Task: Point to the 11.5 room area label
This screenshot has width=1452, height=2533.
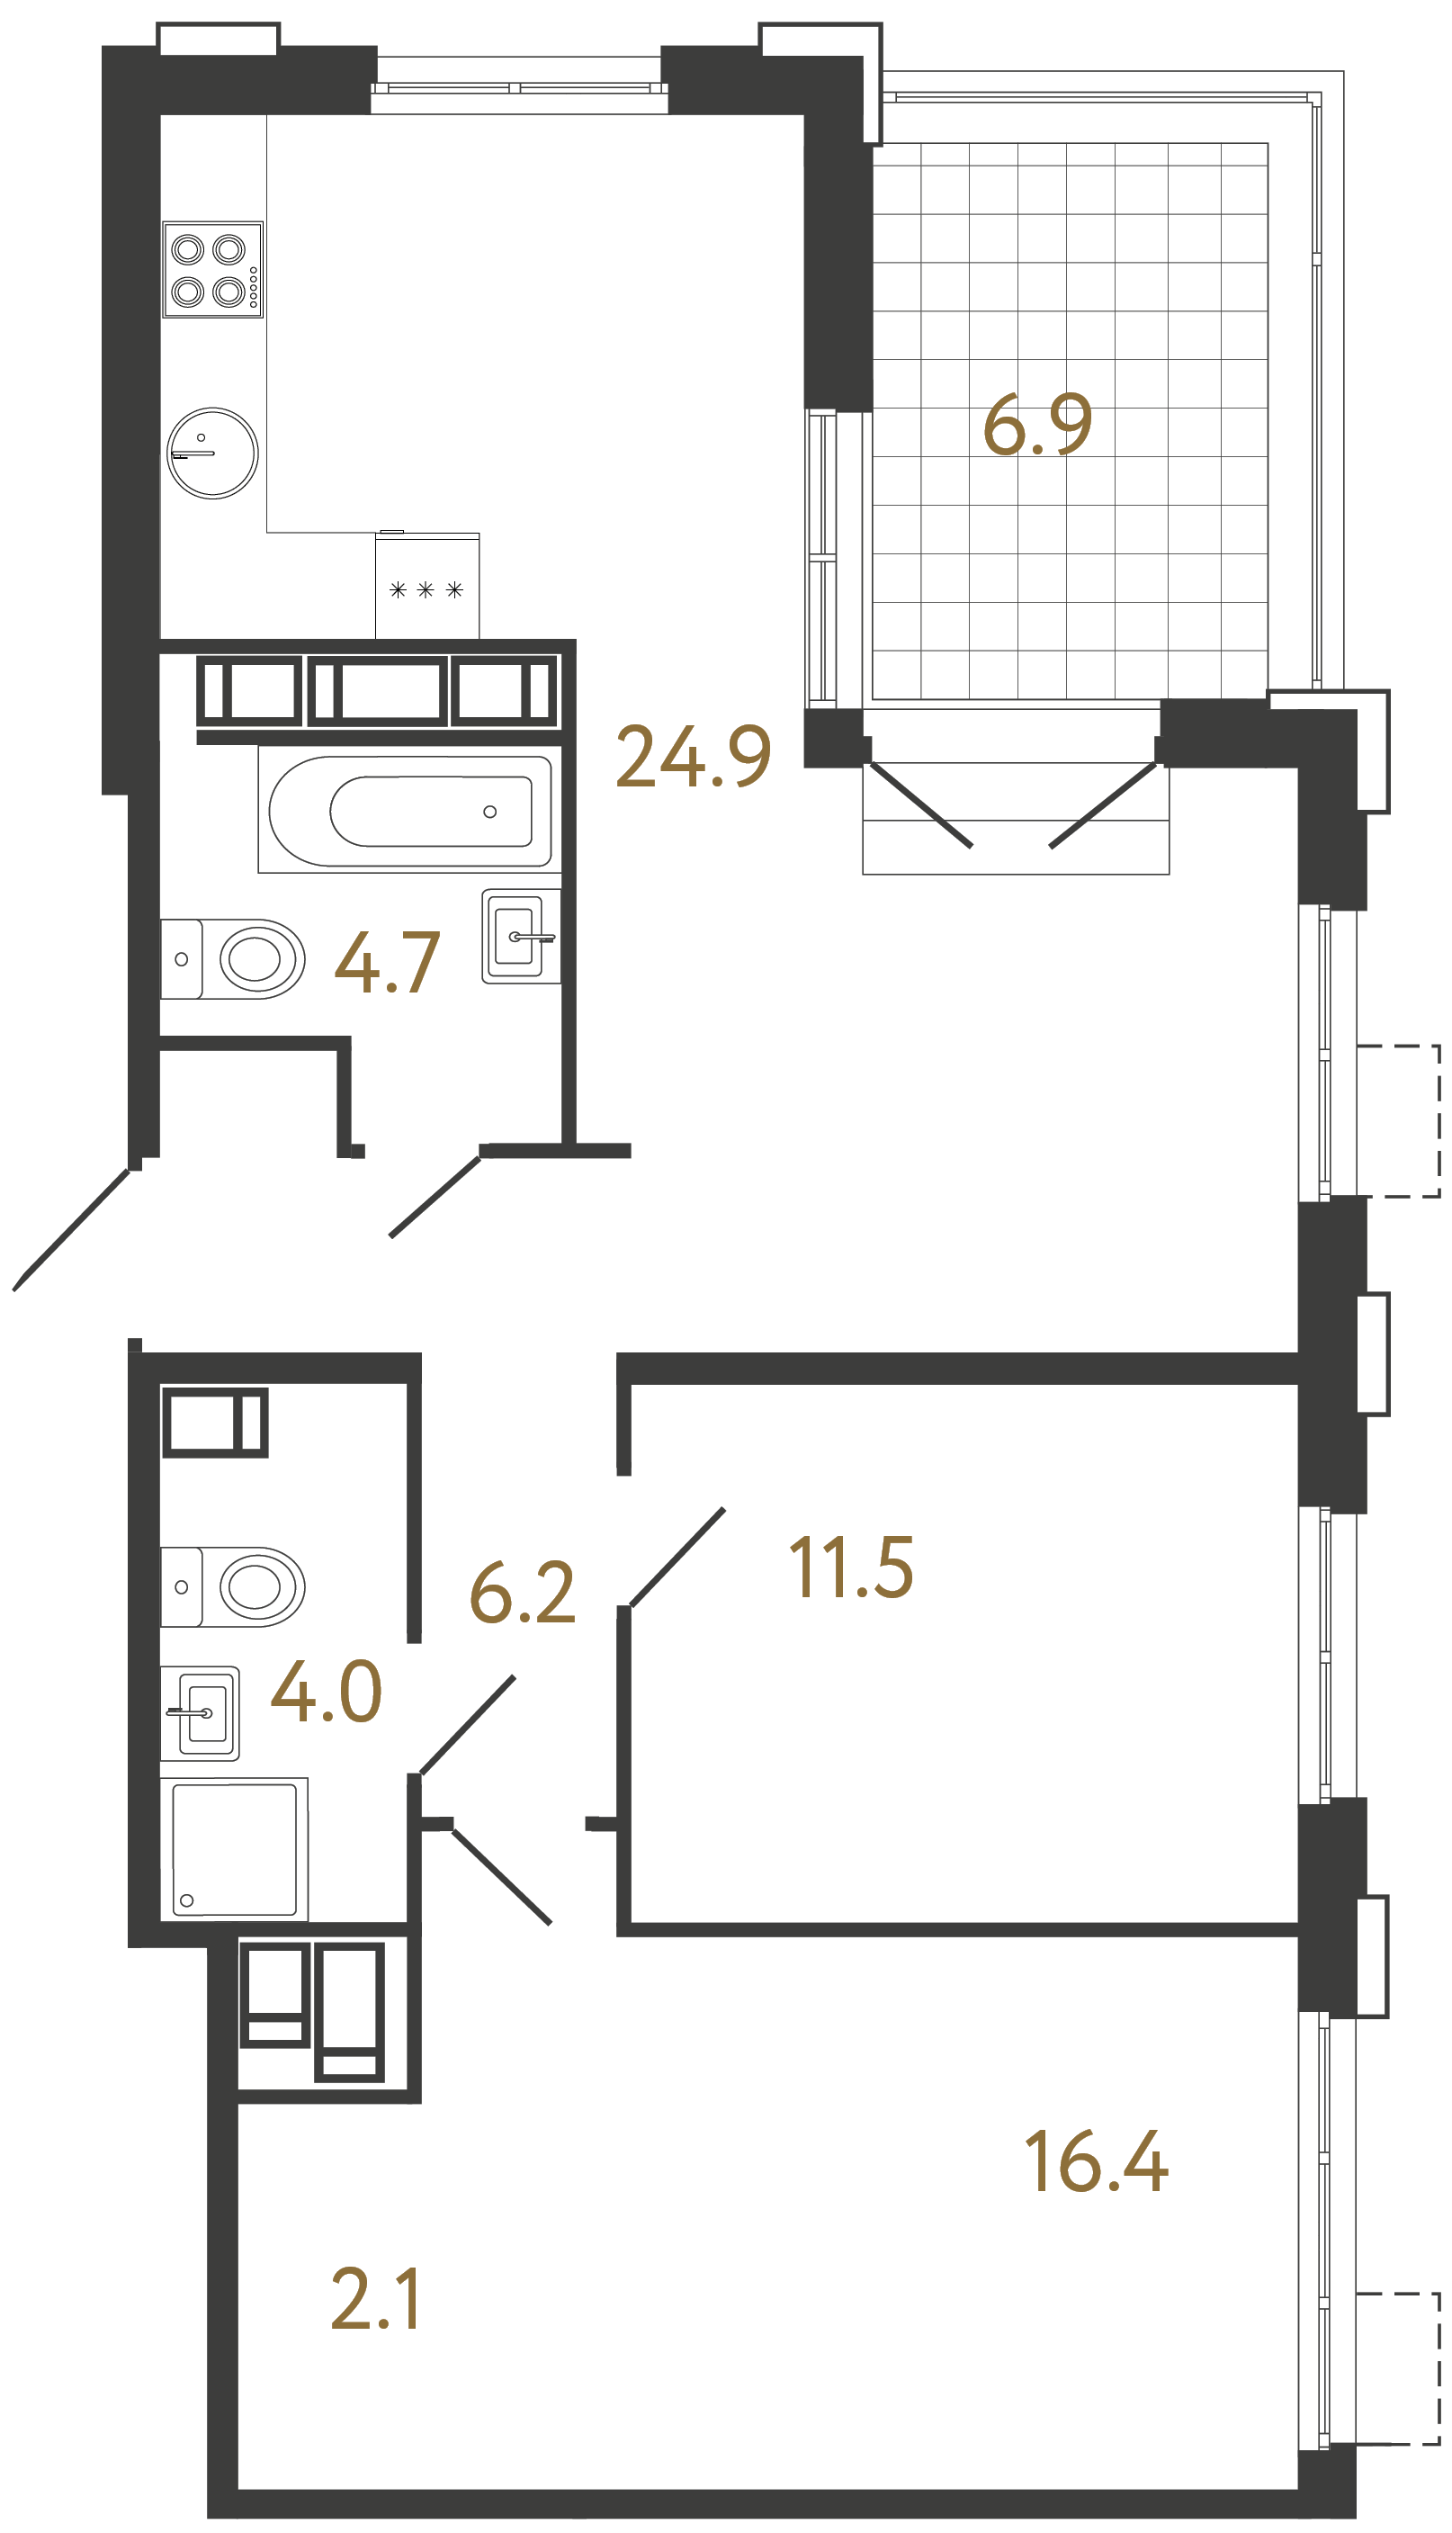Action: tap(851, 1567)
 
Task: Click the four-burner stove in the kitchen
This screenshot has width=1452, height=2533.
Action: tap(212, 269)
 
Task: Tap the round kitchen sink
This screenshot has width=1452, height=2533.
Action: tap(212, 453)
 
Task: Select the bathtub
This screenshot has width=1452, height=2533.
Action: tap(408, 812)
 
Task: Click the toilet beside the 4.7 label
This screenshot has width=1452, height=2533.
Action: tap(235, 959)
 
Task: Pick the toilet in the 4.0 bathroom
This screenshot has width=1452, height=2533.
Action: tap(235, 1586)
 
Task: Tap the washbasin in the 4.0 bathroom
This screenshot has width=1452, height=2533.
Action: tap(201, 1713)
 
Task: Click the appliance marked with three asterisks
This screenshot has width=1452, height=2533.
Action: tap(426, 588)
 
